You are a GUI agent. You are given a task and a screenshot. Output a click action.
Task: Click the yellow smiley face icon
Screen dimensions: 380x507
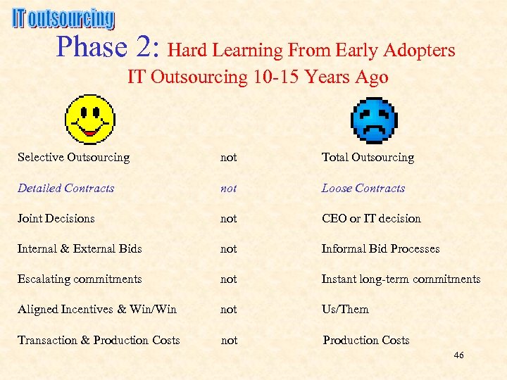[89, 119]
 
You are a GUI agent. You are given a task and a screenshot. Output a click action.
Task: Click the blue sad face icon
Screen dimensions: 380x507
[374, 120]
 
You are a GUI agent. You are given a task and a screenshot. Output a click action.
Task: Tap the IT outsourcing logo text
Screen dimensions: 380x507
[63, 19]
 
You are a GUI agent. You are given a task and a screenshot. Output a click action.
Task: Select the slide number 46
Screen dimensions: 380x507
[458, 355]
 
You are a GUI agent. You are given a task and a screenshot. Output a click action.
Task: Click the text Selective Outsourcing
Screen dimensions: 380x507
[74, 158]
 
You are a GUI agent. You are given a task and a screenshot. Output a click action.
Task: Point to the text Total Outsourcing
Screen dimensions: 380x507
[368, 158]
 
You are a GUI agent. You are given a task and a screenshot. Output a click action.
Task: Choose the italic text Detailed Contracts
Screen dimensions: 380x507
[65, 189]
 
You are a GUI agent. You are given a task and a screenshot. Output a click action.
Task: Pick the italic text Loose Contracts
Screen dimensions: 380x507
[363, 189]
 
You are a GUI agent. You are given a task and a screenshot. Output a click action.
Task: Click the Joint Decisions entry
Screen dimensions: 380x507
[56, 219]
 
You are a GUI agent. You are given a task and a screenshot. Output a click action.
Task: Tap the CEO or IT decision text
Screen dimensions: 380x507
[371, 219]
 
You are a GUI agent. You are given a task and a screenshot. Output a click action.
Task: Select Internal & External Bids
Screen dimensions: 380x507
[80, 249]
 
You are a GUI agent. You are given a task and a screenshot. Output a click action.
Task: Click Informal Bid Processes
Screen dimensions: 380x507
[380, 249]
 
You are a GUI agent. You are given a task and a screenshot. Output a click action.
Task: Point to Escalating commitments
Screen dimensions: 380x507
[80, 279]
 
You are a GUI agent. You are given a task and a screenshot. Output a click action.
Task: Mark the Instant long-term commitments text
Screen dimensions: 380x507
[401, 279]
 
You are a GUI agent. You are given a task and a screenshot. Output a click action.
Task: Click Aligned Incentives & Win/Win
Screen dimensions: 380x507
[97, 310]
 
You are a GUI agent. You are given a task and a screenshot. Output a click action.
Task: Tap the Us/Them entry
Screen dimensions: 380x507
[345, 310]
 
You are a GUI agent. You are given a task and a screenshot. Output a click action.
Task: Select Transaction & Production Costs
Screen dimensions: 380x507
[99, 341]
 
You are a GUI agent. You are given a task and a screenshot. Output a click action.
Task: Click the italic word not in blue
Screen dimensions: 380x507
[229, 189]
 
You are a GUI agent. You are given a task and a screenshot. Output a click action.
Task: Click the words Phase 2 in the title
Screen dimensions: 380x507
[110, 47]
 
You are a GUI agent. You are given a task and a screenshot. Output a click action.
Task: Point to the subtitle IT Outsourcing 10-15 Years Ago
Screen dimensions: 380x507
[258, 77]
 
